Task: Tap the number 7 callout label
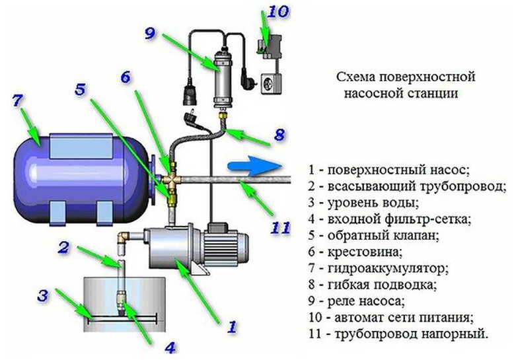pyautogui.click(x=18, y=101)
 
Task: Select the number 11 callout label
pyautogui.click(x=280, y=227)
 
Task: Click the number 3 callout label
pyautogui.click(x=43, y=295)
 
